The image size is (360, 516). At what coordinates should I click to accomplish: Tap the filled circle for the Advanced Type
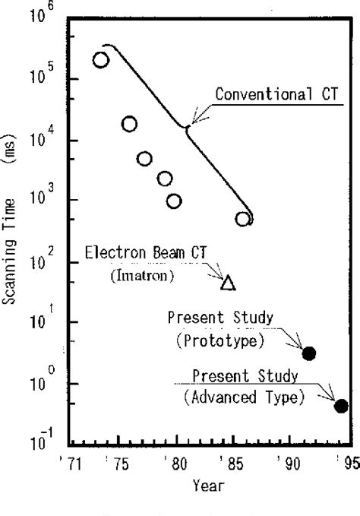coord(341,406)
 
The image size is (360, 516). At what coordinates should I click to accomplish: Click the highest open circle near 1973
coord(100,60)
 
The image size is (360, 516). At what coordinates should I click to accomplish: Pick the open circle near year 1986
coord(243,219)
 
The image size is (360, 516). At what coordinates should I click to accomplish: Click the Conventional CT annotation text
coord(276,95)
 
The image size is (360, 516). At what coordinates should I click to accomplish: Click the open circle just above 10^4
coord(130,124)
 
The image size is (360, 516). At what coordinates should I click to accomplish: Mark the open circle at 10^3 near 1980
coord(174,201)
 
